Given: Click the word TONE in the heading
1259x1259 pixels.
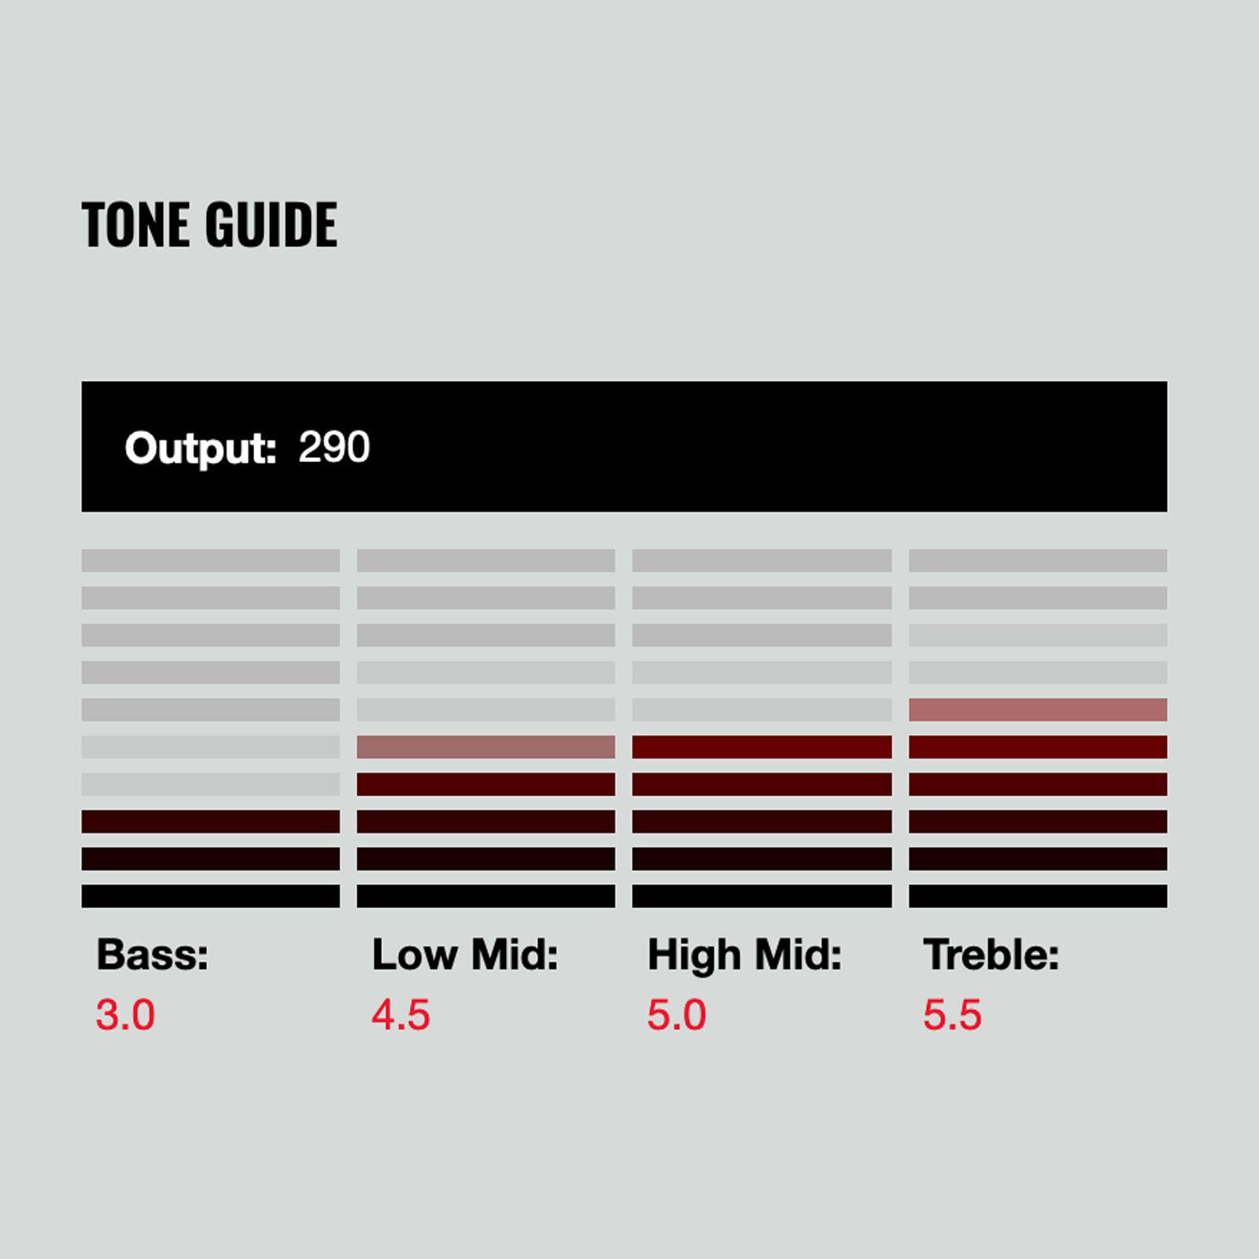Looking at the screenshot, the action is tap(136, 224).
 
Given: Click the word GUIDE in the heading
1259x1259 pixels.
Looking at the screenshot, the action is tap(271, 224).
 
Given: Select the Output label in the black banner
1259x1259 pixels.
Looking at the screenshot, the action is tap(201, 449).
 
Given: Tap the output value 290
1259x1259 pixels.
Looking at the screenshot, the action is tap(334, 447).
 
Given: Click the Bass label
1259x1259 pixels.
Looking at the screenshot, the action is tap(153, 954).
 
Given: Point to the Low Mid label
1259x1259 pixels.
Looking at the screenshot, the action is tap(465, 954).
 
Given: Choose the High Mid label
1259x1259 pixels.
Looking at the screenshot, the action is tap(744, 955).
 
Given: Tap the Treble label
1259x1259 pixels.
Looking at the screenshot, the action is tap(991, 954).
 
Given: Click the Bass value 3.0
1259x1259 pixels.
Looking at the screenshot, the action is tap(125, 1014).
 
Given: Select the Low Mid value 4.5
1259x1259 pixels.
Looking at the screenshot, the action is tap(401, 1014).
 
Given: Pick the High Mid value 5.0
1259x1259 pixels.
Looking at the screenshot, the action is tap(677, 1014).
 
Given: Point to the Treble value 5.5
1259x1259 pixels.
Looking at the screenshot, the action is tap(953, 1014).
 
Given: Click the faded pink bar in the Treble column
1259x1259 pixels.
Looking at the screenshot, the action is tap(1038, 710).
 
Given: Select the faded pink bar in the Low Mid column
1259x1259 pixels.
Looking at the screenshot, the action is tap(486, 747).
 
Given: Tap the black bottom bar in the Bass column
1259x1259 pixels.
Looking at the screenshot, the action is tap(211, 896).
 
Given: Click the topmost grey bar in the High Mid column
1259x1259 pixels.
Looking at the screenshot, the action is tap(762, 560).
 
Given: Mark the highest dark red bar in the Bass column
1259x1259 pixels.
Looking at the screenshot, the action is tap(211, 821).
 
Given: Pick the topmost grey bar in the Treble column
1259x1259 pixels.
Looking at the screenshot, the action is tap(1038, 560).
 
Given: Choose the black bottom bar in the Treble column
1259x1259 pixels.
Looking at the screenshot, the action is tap(1038, 896).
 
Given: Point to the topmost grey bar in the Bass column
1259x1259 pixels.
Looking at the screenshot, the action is tap(211, 560).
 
